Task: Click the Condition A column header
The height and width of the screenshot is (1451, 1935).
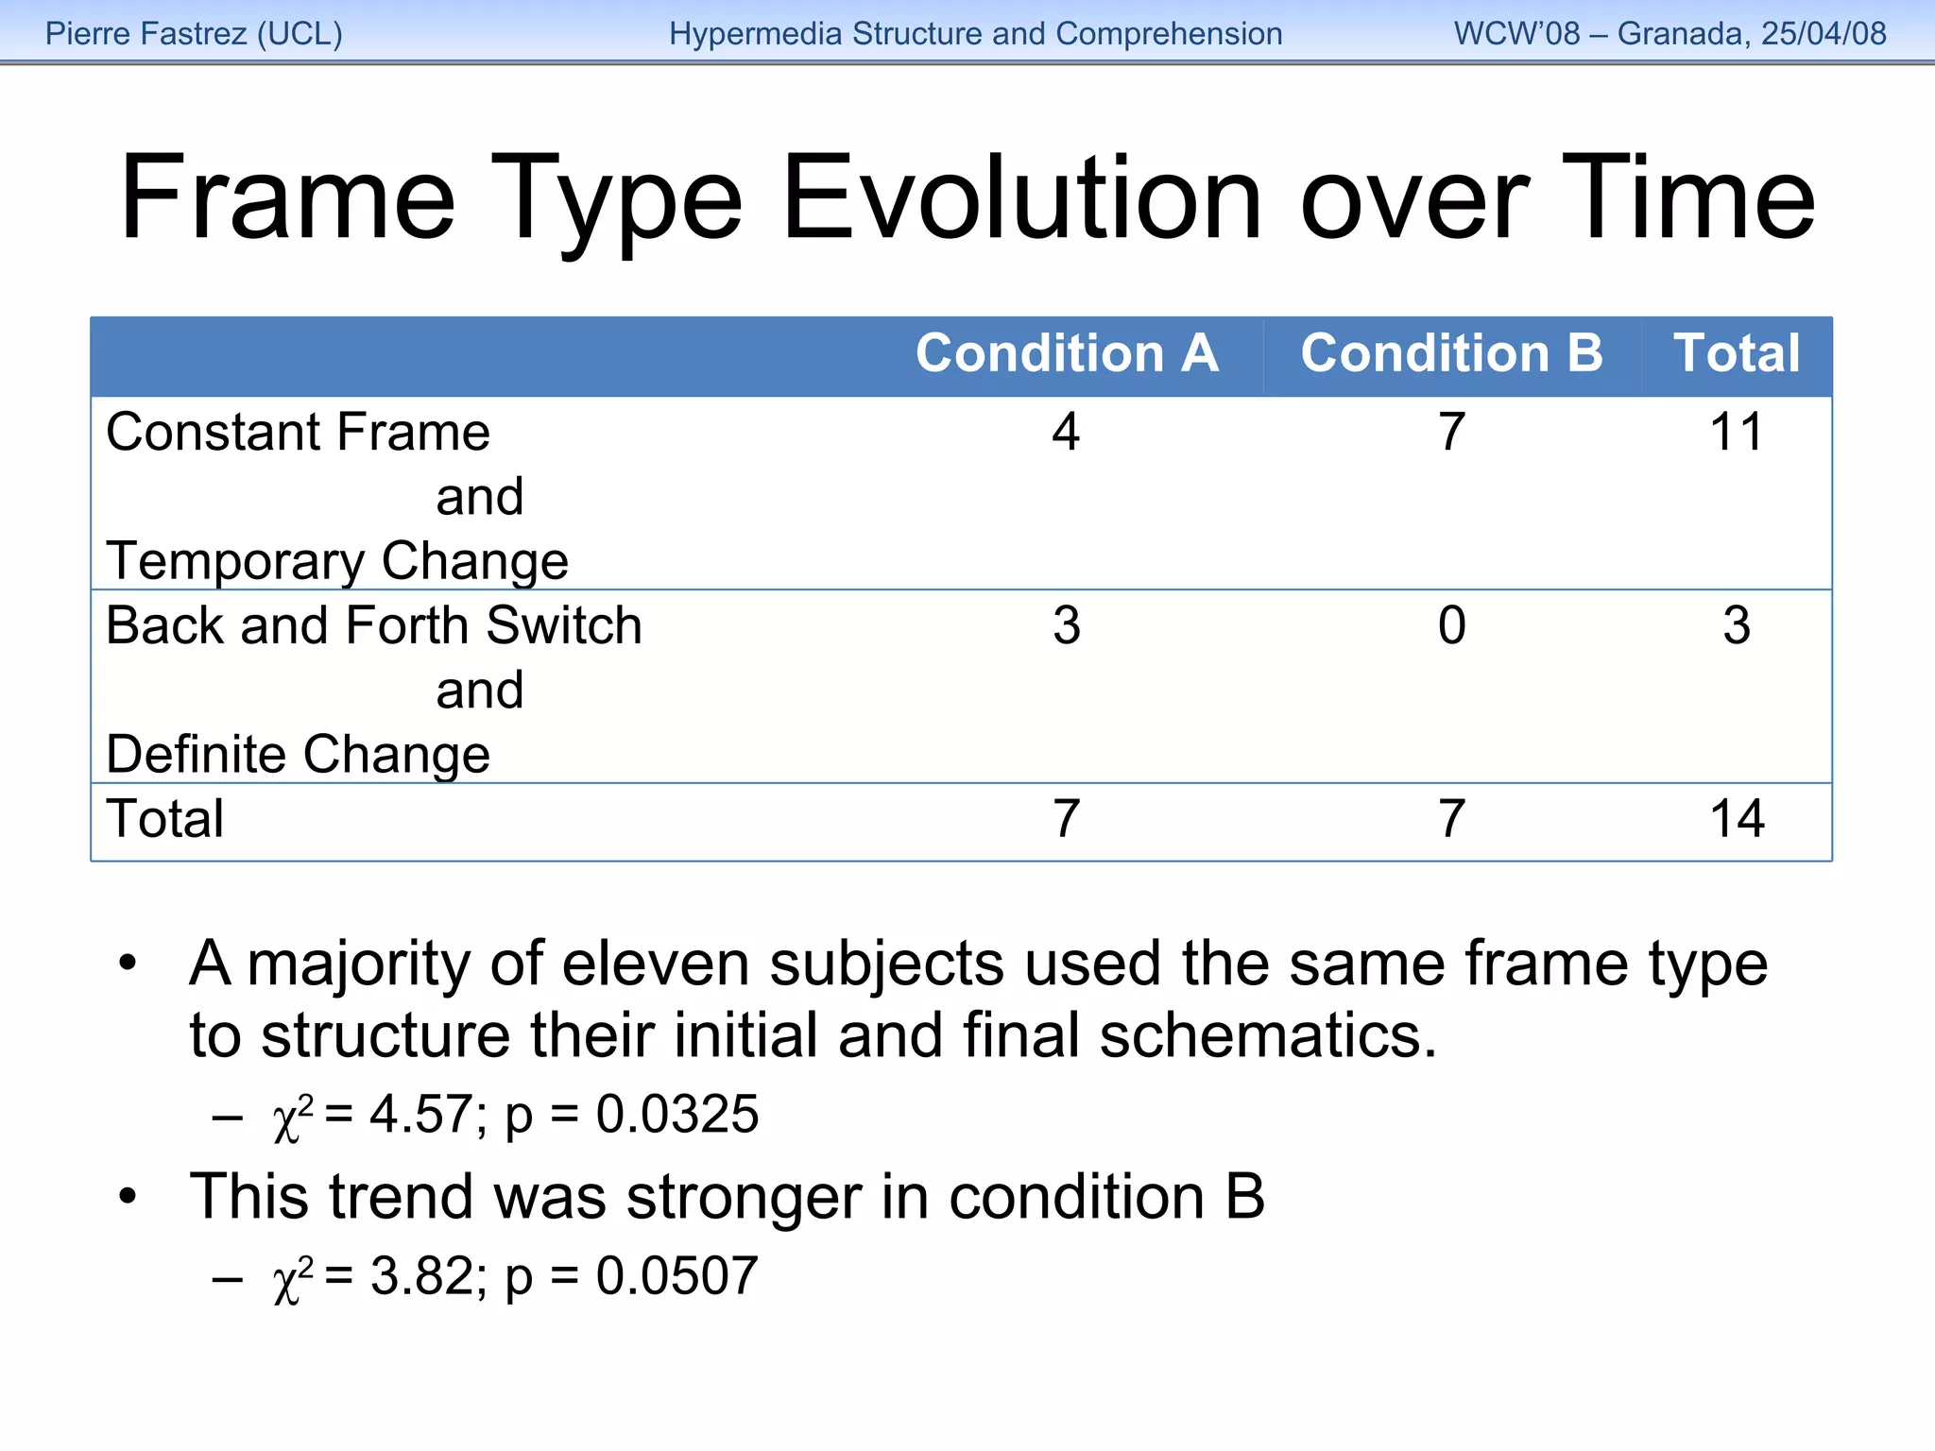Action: (1066, 354)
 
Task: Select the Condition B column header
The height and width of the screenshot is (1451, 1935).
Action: (1451, 354)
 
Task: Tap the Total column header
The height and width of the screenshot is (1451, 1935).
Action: (1737, 354)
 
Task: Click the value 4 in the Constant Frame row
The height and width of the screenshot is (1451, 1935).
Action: (1066, 433)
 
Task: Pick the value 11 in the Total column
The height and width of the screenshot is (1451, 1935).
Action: (1737, 433)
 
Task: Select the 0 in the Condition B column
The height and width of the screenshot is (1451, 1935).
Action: (1451, 626)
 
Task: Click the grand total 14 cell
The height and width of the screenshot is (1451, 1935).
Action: (1737, 819)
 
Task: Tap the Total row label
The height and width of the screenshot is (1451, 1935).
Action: (165, 819)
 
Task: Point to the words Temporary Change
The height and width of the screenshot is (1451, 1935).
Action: (337, 562)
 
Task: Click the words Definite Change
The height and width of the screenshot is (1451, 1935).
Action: (299, 755)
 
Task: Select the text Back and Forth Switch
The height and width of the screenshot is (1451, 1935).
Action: (374, 626)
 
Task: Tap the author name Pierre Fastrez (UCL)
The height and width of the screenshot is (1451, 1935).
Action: (194, 34)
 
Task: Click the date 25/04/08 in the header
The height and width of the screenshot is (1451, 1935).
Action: (1824, 34)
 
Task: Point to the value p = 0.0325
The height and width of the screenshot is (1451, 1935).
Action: (631, 1115)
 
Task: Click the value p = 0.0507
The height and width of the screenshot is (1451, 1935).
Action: (631, 1276)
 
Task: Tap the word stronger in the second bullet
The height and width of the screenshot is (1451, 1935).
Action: (744, 1198)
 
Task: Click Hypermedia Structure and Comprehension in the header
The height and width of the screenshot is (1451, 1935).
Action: (975, 34)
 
